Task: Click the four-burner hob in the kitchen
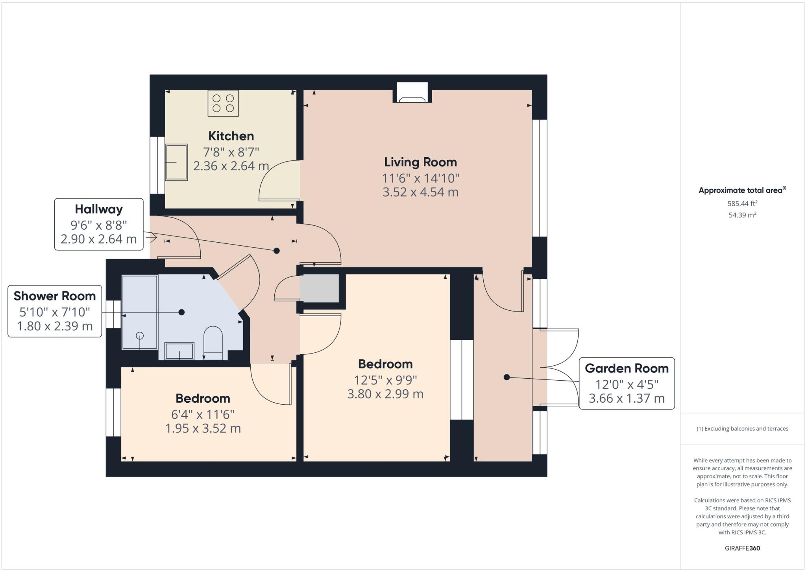223,103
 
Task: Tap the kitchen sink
176,162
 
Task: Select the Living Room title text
420,162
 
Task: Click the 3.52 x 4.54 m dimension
420,192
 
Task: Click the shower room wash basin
179,351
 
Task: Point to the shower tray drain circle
140,335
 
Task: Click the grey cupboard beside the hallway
319,288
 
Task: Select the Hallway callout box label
99,209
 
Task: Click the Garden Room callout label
627,368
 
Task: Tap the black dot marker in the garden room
507,377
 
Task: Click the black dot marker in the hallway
276,251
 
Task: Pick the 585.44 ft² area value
742,203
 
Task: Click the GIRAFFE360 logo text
742,548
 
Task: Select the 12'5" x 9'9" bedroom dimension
385,380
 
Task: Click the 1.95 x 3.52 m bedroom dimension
203,428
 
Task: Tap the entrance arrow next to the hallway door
152,238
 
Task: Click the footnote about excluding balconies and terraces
742,429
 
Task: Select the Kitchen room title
231,136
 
